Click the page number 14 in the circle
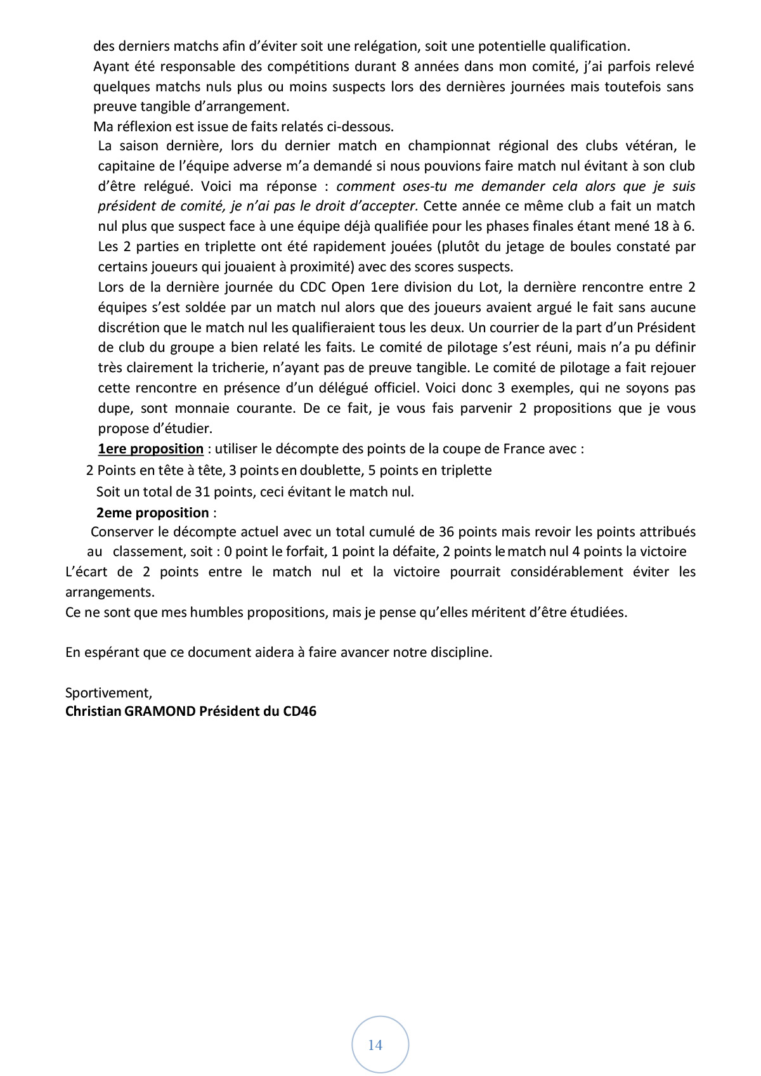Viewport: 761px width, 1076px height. tap(375, 1045)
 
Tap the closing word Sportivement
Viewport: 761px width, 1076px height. tap(108, 692)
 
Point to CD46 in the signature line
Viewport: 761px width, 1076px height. tap(299, 711)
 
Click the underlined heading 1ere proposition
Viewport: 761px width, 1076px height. tap(150, 449)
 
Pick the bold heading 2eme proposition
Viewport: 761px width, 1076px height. tap(152, 512)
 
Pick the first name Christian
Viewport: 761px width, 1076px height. tap(93, 711)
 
